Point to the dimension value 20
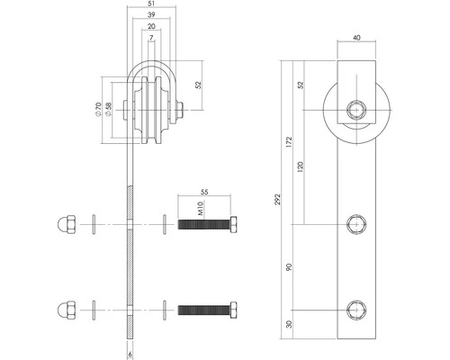151,28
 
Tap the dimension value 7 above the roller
151,40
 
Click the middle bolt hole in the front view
357,223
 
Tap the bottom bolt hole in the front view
357,309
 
